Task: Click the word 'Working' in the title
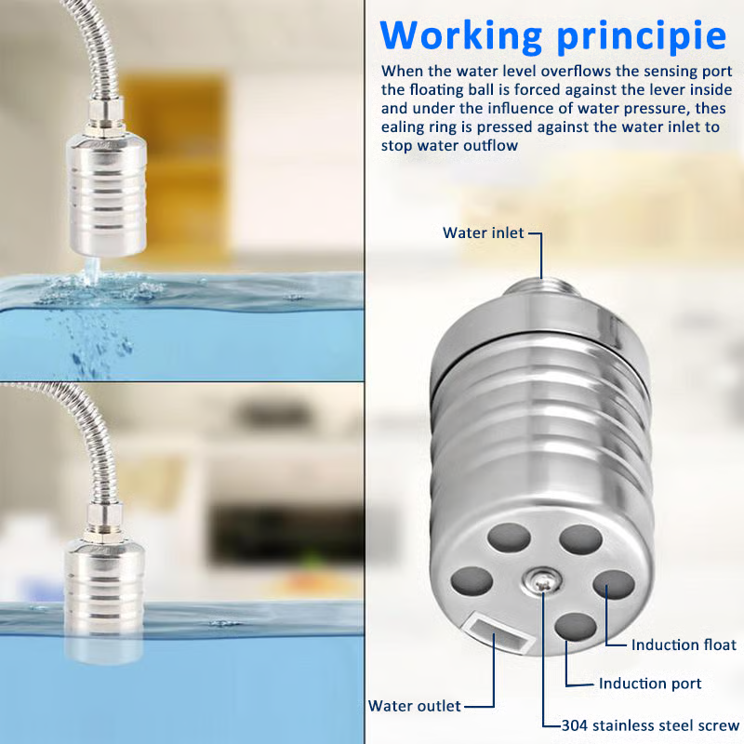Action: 461,36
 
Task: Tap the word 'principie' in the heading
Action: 642,36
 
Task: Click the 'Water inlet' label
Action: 483,233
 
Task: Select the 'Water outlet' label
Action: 414,706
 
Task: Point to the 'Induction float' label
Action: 684,644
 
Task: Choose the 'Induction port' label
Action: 650,684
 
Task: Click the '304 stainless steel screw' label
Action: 650,725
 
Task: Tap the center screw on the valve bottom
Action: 542,581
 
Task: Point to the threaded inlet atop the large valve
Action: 541,287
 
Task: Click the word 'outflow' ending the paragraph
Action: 491,146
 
